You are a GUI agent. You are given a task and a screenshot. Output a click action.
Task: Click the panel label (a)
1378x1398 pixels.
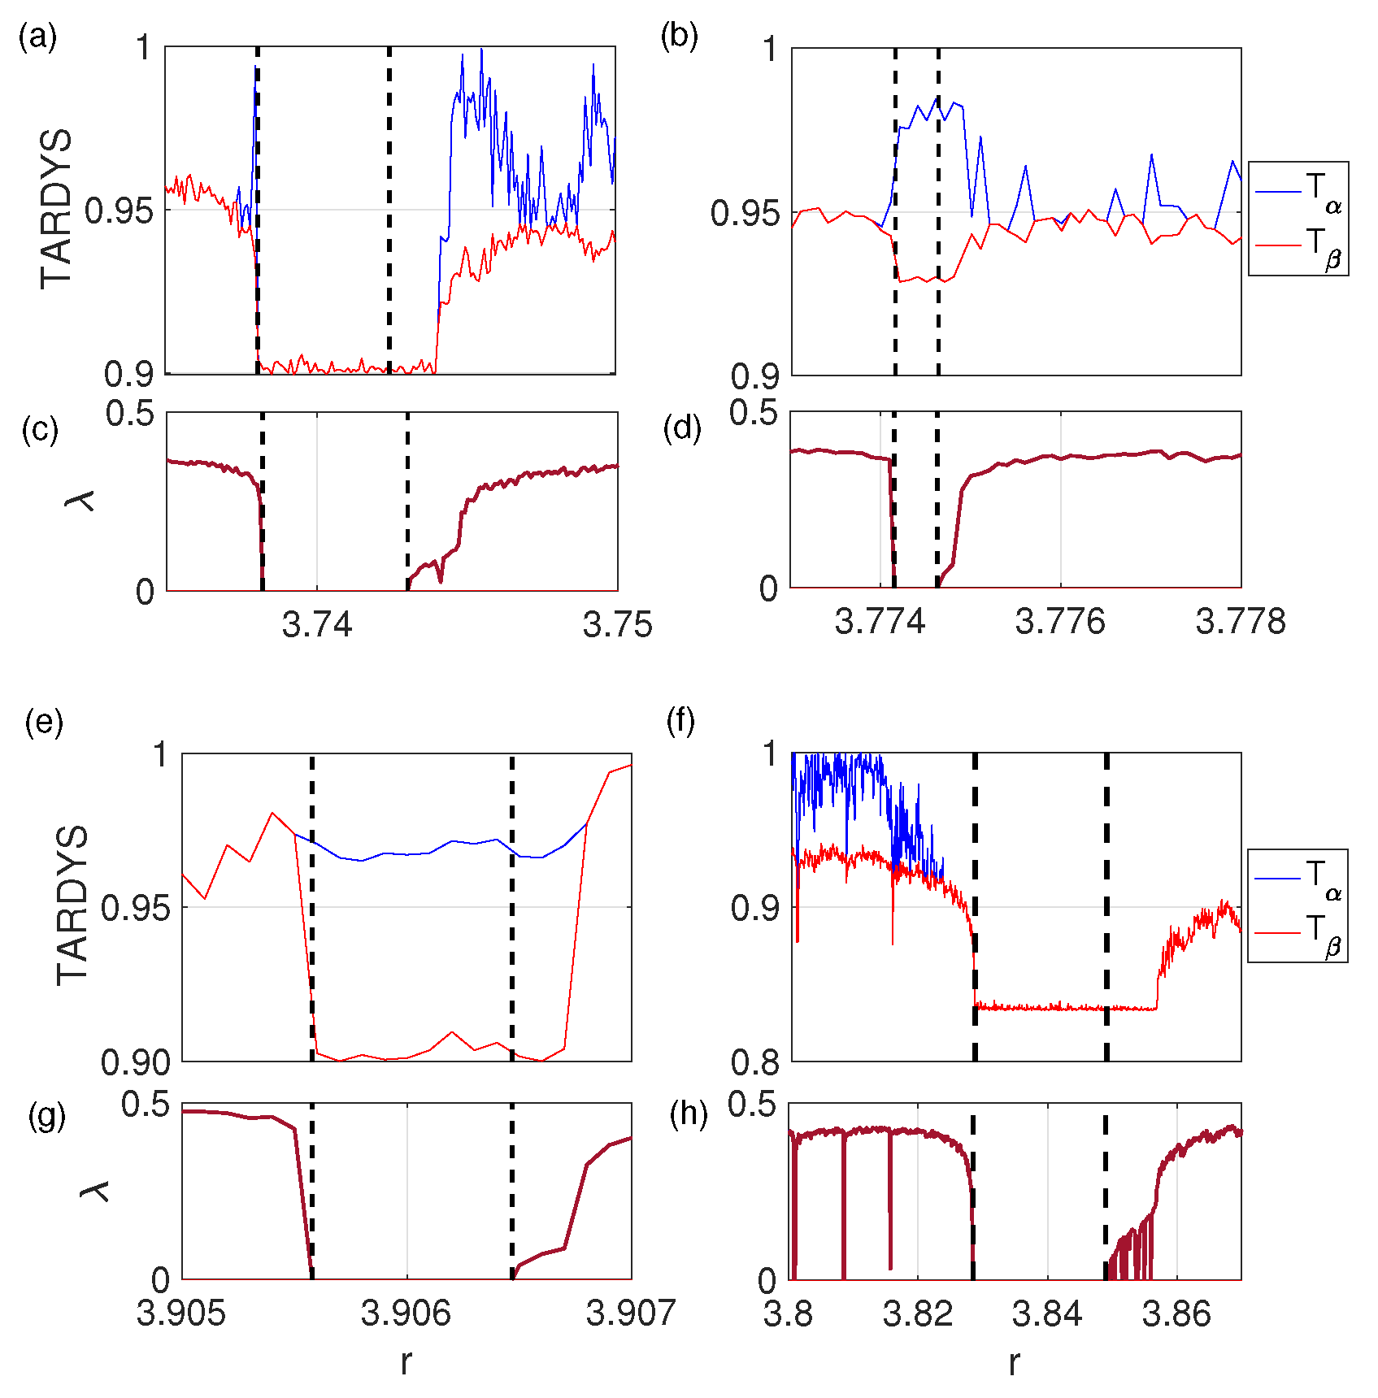point(37,37)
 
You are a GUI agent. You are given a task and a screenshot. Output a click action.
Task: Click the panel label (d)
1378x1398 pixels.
point(682,428)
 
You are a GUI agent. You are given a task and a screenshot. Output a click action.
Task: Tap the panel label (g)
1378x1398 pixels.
point(46,1116)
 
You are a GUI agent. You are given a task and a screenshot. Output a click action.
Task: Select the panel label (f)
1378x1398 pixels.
point(680,721)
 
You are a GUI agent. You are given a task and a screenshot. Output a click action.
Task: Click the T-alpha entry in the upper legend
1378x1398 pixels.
point(1299,192)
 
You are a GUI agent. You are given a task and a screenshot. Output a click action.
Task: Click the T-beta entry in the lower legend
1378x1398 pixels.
point(1299,932)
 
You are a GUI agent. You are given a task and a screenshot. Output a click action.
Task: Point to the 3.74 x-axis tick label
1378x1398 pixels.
point(317,624)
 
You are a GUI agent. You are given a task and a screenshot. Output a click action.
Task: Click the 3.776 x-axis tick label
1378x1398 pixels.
point(1060,622)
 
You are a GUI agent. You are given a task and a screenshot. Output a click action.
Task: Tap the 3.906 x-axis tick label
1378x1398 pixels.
point(406,1313)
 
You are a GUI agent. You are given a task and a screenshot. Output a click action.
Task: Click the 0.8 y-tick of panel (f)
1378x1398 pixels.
point(755,1061)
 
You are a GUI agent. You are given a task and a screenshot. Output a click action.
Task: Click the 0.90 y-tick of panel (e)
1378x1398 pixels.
point(136,1062)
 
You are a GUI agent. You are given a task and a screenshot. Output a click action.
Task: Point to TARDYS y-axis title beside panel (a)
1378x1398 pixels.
point(56,209)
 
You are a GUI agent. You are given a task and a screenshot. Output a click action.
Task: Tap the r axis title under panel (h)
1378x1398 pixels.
point(1014,1362)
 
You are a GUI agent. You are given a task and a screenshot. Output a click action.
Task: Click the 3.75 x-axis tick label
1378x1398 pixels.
point(617,624)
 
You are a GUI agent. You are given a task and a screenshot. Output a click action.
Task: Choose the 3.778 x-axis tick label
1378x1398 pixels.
point(1241,622)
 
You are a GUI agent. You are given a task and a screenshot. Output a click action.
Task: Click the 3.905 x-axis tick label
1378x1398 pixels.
point(180,1313)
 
